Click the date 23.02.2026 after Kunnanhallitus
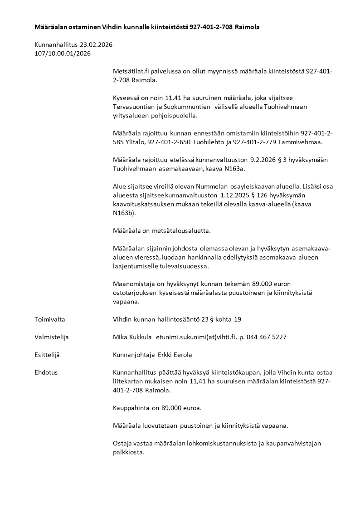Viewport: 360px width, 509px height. [96, 45]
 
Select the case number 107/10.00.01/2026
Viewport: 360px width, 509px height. [63, 54]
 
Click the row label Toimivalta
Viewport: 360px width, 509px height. [50, 319]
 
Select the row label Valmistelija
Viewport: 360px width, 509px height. [52, 337]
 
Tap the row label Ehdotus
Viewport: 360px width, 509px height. [46, 372]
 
